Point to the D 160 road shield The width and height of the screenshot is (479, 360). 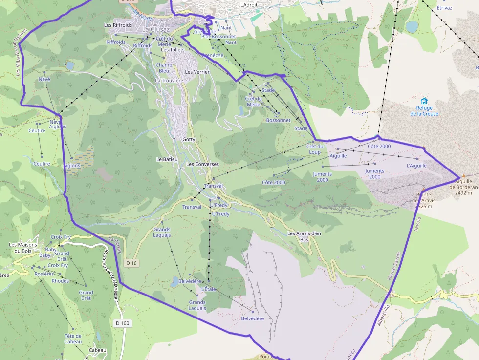(123, 323)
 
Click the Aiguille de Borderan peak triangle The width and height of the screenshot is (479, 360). (464, 176)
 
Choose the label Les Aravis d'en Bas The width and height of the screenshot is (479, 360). (304, 236)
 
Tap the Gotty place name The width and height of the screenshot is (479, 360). (189, 139)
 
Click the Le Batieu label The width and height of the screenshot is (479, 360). (167, 159)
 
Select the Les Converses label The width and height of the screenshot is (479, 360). (202, 164)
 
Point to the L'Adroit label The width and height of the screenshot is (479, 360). (249, 5)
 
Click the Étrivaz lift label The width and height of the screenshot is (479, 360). (444, 8)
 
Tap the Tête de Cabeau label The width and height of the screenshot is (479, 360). (73, 339)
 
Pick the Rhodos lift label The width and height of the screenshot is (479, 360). (60, 281)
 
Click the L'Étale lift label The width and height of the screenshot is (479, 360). (209, 289)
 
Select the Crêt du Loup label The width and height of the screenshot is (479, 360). (315, 149)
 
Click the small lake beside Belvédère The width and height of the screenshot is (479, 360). (174, 281)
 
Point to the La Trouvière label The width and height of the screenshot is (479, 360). (169, 80)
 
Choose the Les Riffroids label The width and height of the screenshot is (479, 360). (118, 25)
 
